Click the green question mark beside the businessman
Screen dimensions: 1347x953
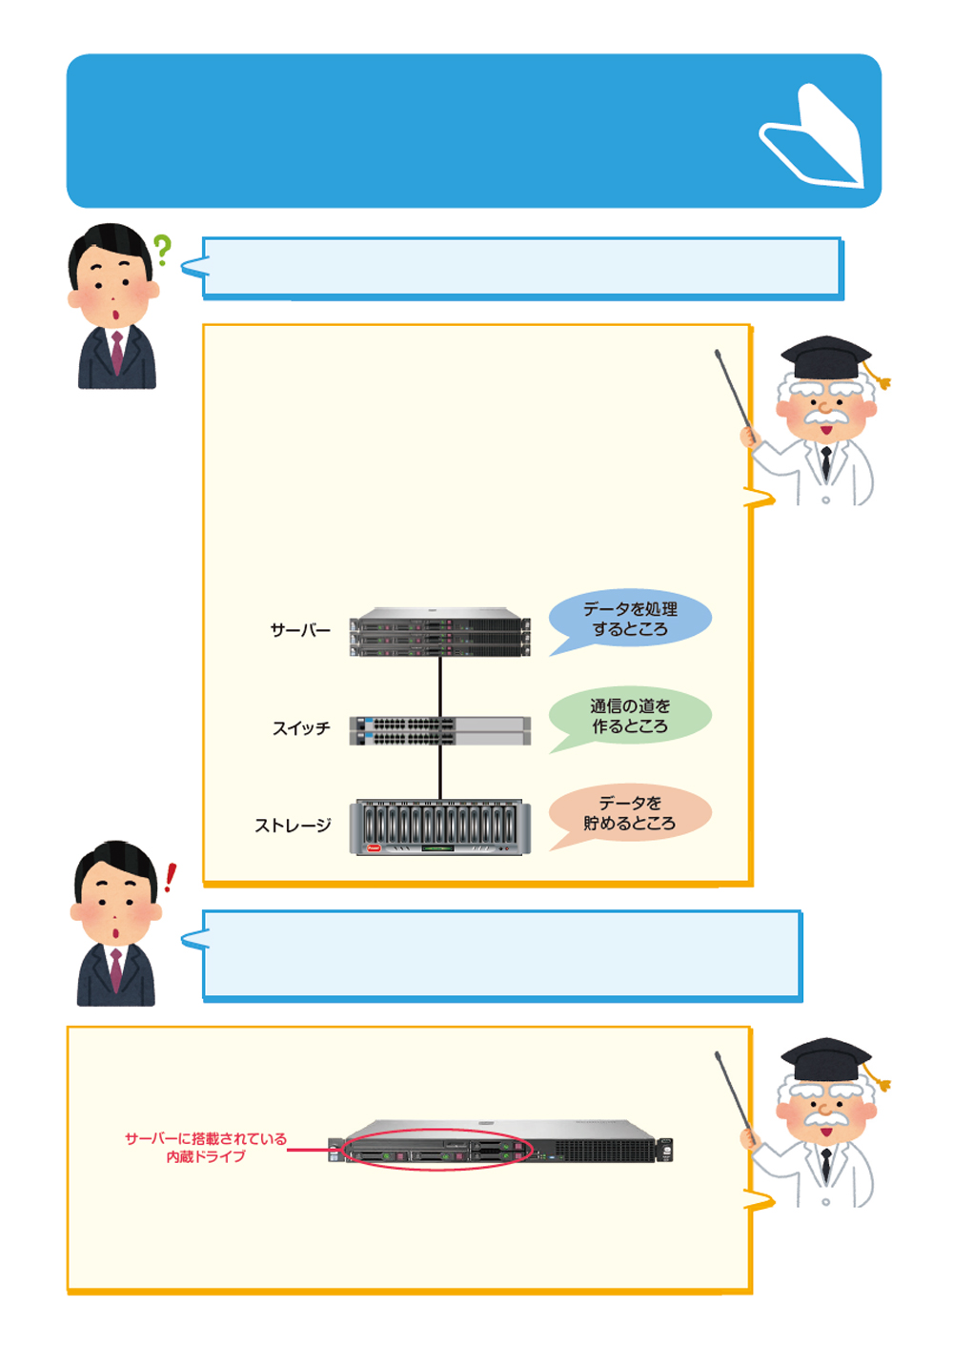click(x=163, y=250)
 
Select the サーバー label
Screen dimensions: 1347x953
click(x=300, y=630)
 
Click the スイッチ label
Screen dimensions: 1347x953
click(x=301, y=728)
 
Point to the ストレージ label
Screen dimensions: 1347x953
click(x=293, y=826)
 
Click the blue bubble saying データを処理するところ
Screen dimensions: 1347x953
click(x=630, y=619)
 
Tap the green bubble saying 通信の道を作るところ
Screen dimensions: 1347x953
click(x=630, y=716)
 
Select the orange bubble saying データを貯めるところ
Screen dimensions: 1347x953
click(x=630, y=813)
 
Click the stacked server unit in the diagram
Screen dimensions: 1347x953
click(x=439, y=632)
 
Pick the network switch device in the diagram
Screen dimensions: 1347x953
click(x=439, y=730)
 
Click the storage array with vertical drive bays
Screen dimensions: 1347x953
click(x=439, y=827)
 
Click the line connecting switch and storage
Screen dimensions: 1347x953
click(x=440, y=772)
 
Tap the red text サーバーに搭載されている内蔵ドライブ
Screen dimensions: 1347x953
click(x=206, y=1147)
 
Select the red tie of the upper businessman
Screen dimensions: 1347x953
click(x=116, y=352)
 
